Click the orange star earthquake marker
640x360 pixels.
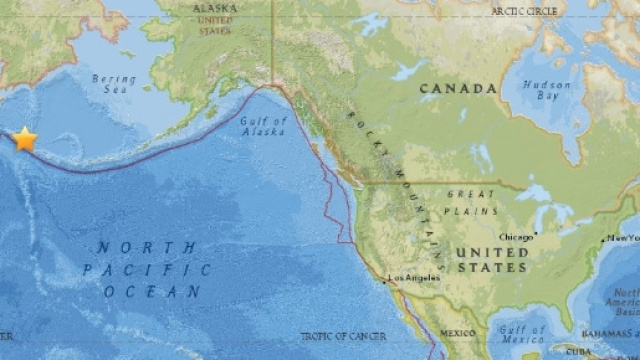[25, 139]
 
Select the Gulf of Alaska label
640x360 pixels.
[264, 129]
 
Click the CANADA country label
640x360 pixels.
[457, 89]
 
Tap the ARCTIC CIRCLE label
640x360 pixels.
[525, 10]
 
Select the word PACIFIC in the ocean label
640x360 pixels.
[147, 270]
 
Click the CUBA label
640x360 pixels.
[577, 352]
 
